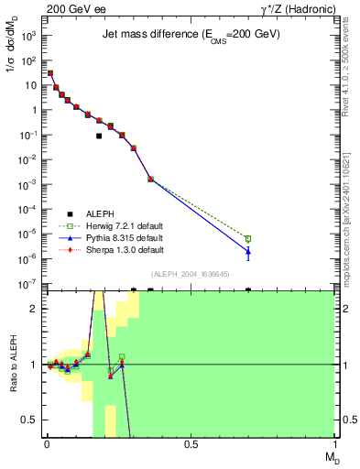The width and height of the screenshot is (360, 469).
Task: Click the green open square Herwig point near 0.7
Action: pyautogui.click(x=247, y=239)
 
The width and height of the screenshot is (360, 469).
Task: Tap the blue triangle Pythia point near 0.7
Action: pyautogui.click(x=247, y=251)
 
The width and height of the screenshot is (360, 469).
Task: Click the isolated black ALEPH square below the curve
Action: pyautogui.click(x=99, y=136)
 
